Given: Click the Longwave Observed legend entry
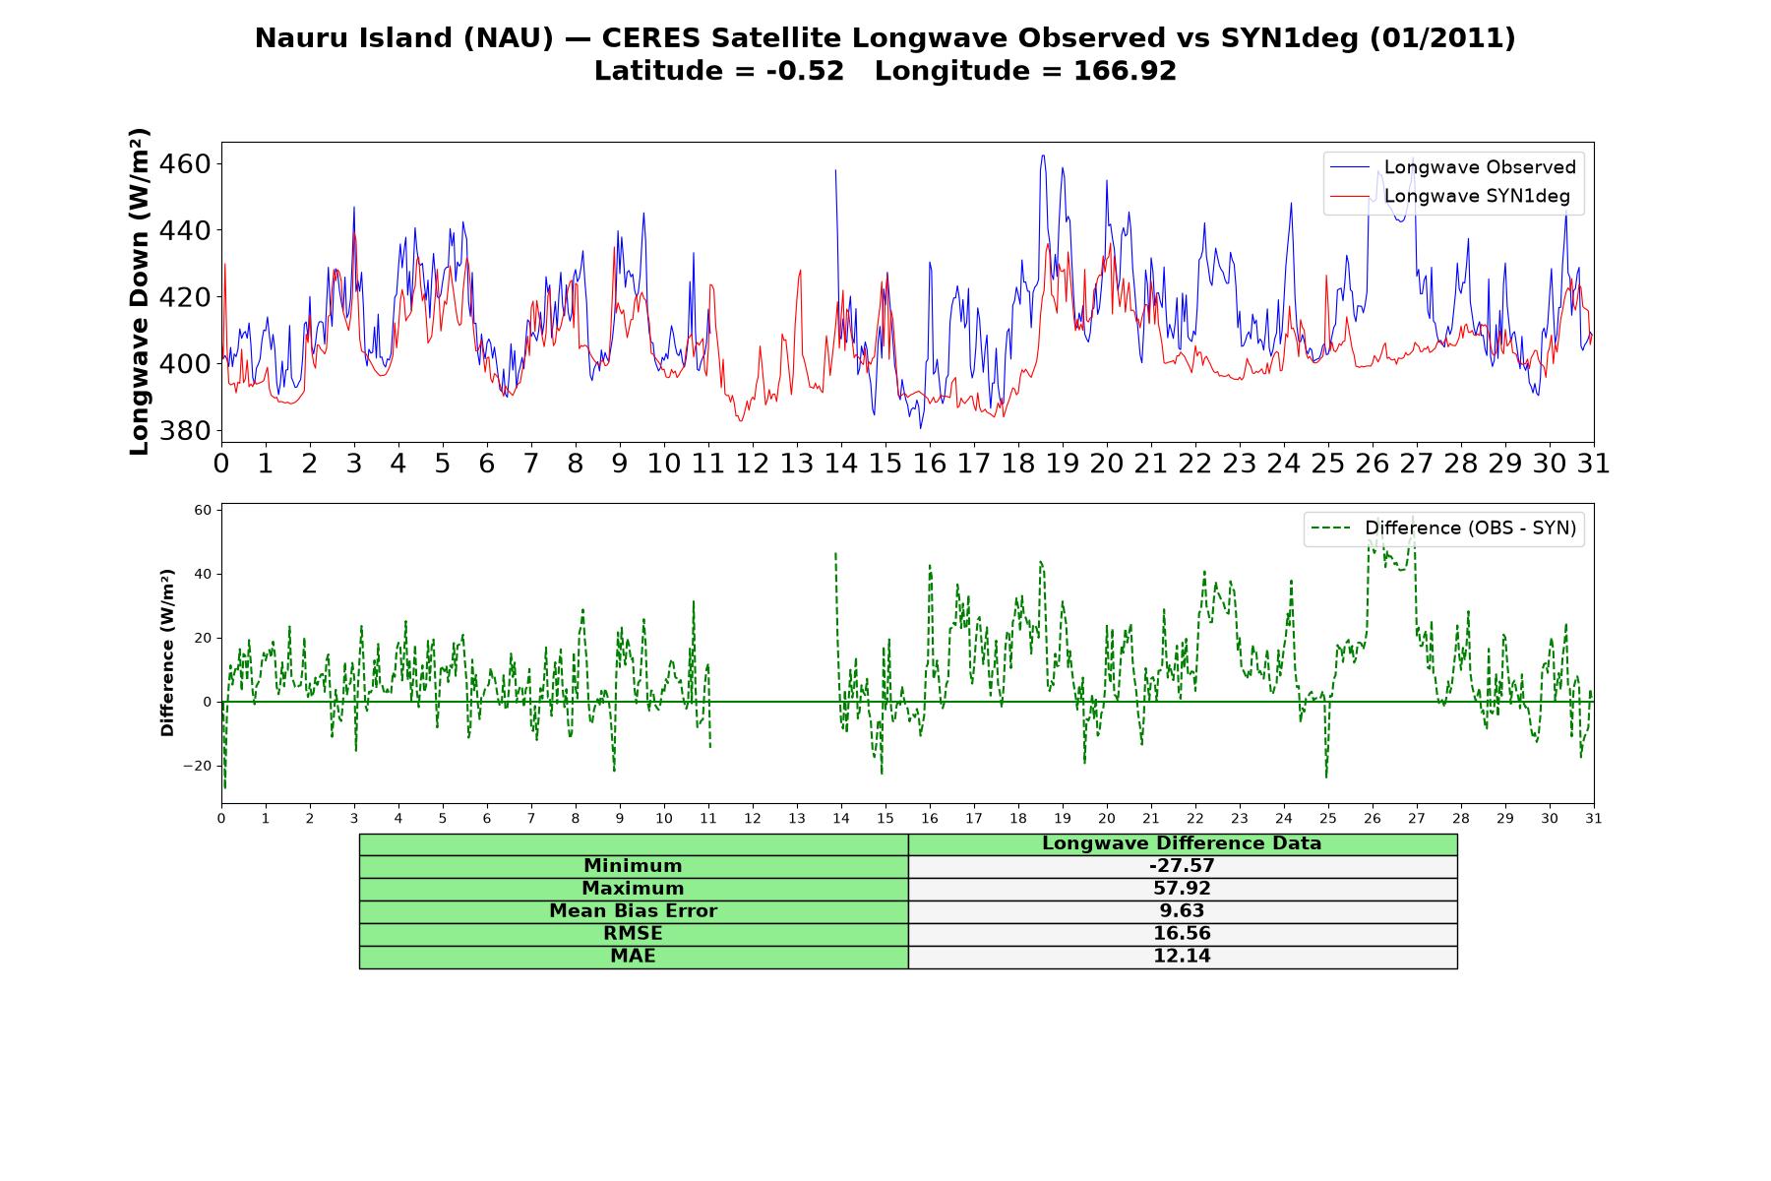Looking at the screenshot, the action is [x=1453, y=167].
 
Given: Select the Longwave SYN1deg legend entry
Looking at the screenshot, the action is [x=1450, y=196].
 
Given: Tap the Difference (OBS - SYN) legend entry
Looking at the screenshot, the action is [x=1444, y=528].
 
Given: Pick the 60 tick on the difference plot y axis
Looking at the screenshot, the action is [x=203, y=510].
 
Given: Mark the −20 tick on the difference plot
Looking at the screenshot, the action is [x=197, y=766].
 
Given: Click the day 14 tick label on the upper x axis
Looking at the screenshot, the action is [x=840, y=464].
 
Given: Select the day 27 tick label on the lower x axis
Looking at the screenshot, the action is [x=1417, y=818].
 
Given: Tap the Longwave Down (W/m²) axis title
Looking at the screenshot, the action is [x=139, y=291].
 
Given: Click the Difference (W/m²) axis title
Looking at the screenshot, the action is [x=167, y=653].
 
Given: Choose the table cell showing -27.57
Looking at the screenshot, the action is [x=1182, y=866].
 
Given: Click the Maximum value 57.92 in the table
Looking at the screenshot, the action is [x=1182, y=889].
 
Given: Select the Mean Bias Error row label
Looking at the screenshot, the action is [x=633, y=911].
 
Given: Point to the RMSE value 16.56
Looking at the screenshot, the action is [x=1182, y=934].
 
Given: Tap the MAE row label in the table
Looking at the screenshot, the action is [x=633, y=957].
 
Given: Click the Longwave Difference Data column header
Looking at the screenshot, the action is [x=1182, y=843].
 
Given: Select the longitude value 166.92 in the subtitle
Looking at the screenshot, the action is [x=1125, y=71].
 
